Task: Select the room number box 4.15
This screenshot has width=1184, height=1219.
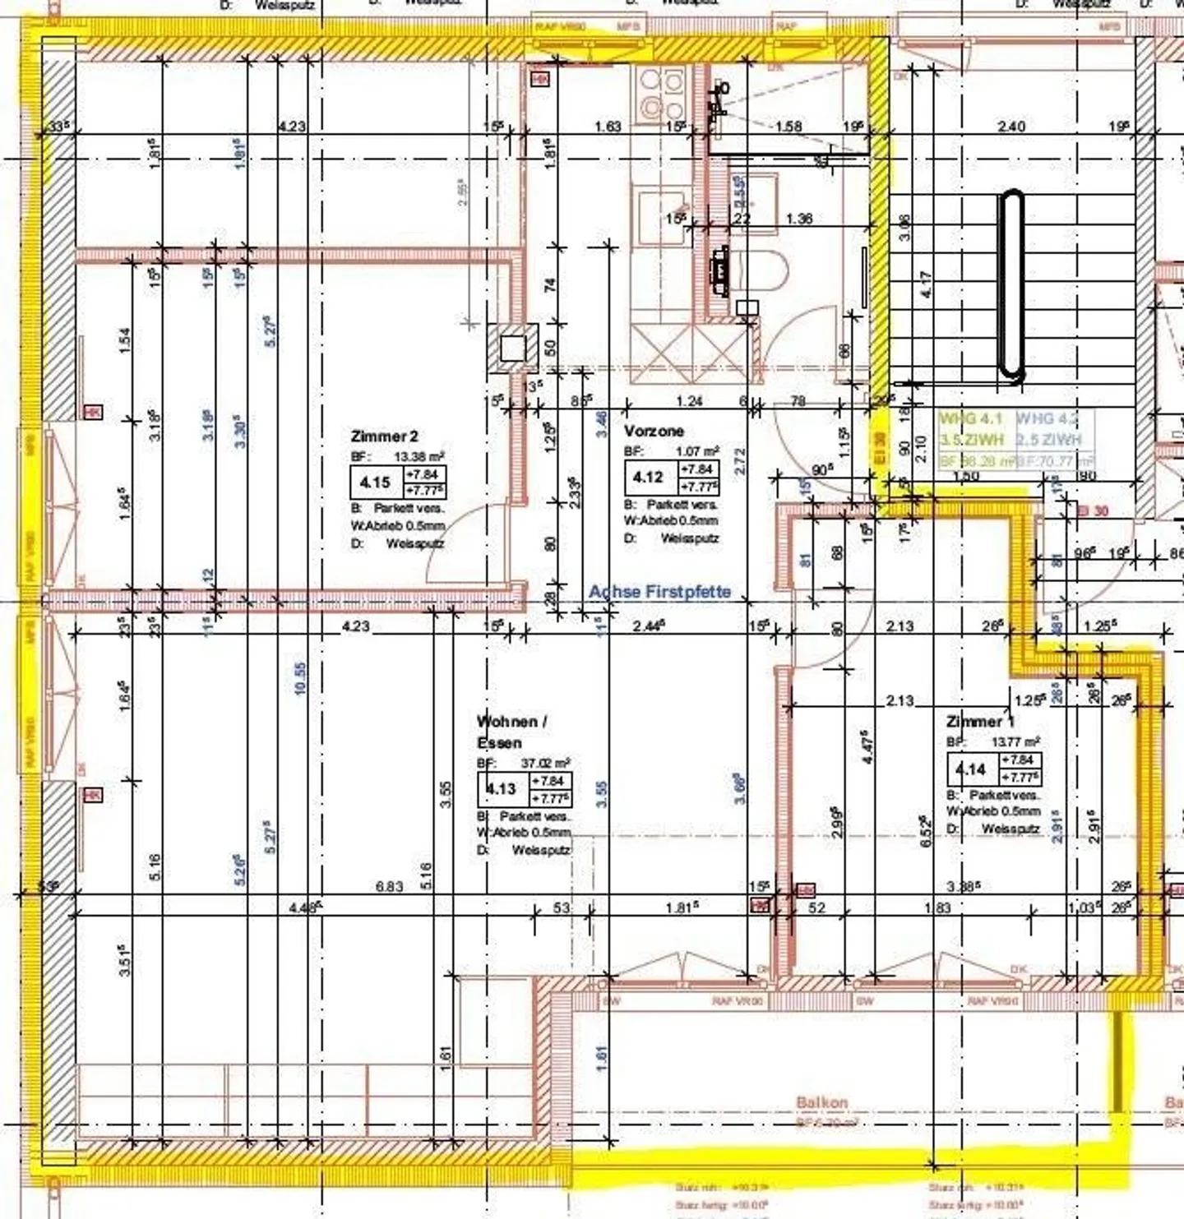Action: pyautogui.click(x=375, y=482)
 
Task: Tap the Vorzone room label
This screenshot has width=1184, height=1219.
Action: pyautogui.click(x=654, y=431)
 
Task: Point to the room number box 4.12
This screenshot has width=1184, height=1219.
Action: pyautogui.click(x=648, y=477)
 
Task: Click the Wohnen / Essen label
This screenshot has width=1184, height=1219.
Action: pyautogui.click(x=511, y=732)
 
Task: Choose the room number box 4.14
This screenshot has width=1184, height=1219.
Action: pyautogui.click(x=971, y=769)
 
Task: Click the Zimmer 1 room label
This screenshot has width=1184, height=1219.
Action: pyautogui.click(x=978, y=722)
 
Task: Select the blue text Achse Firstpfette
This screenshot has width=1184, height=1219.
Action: pyautogui.click(x=659, y=592)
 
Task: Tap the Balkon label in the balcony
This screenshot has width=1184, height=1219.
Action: pyautogui.click(x=821, y=1102)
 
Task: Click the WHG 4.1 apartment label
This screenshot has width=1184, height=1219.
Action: pyautogui.click(x=971, y=418)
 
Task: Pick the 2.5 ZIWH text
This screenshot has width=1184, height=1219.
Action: pyautogui.click(x=1049, y=440)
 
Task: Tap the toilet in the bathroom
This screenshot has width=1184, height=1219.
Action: pyautogui.click(x=761, y=270)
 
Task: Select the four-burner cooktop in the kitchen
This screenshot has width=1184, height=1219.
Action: pyautogui.click(x=663, y=95)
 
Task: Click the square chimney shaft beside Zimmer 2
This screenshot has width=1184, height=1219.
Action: pyautogui.click(x=513, y=349)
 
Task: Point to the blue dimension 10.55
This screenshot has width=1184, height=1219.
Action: pyautogui.click(x=300, y=679)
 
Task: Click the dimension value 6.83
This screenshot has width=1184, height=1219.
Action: pyautogui.click(x=390, y=886)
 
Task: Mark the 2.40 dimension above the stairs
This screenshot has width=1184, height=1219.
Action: pyautogui.click(x=1011, y=127)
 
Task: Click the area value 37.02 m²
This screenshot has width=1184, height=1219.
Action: pyautogui.click(x=545, y=763)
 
